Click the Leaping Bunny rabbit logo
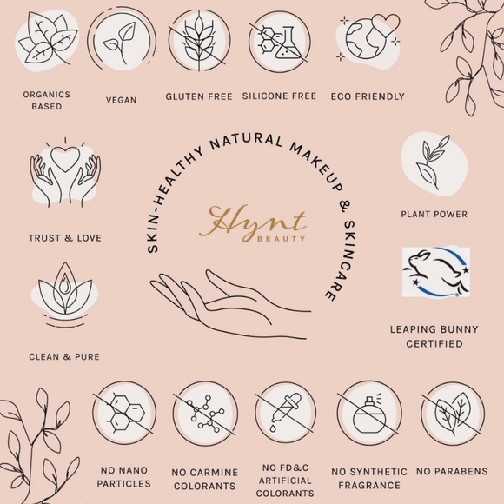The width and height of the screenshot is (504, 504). (436, 272)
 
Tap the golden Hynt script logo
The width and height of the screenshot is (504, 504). (252, 222)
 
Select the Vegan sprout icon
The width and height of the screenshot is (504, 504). (122, 41)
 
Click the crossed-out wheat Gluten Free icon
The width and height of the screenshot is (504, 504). (199, 41)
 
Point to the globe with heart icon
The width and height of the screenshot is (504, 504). (369, 38)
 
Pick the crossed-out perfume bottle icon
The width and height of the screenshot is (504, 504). (369, 414)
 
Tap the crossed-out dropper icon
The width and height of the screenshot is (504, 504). (286, 413)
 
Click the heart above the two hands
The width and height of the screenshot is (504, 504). (65, 159)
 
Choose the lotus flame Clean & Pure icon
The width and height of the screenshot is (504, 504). (64, 295)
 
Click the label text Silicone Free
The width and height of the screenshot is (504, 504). (279, 96)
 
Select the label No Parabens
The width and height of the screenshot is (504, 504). (452, 471)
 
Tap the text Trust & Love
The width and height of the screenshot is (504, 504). (65, 238)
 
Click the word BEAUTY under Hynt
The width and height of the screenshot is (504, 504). (281, 239)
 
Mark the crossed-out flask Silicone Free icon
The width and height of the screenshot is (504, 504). (279, 42)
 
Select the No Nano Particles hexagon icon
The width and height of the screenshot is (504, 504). (124, 414)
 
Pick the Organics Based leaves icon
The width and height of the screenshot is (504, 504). (47, 38)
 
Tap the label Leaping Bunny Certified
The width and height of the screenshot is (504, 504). (434, 336)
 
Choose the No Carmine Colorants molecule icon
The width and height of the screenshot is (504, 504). (205, 414)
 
